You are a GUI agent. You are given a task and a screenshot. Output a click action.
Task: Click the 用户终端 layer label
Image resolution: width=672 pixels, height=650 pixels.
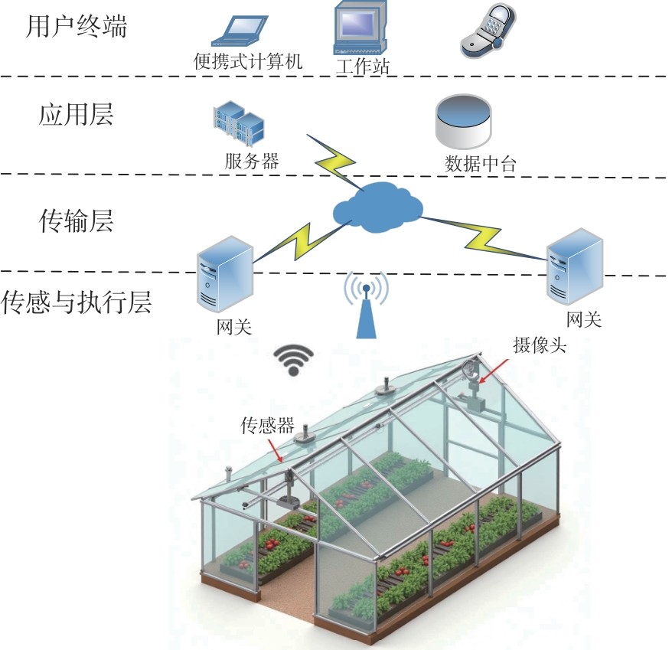click(x=76, y=28)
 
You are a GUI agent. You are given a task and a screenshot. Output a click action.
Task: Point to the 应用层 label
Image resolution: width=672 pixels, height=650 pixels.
click(x=76, y=115)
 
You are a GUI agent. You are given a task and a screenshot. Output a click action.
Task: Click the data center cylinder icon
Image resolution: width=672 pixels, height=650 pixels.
click(x=464, y=121)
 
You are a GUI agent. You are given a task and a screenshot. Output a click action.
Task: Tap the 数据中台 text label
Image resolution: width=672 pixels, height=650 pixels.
click(x=481, y=164)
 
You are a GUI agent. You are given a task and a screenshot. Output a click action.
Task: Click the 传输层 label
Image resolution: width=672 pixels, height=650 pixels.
click(x=76, y=222)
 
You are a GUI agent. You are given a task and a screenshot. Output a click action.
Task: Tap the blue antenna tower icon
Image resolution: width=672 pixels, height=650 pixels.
click(x=366, y=306)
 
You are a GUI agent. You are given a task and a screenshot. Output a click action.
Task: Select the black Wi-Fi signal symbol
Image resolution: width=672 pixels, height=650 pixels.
click(x=295, y=358)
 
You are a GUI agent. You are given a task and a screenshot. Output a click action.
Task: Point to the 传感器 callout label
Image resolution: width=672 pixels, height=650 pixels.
click(x=268, y=426)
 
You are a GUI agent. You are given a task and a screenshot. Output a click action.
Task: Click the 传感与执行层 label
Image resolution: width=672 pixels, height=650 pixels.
click(x=77, y=302)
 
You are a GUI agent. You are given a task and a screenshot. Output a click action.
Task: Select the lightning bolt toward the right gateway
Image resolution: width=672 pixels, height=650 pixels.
click(x=487, y=236)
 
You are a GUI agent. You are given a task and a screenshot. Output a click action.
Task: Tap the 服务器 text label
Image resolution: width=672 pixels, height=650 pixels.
click(x=252, y=162)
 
